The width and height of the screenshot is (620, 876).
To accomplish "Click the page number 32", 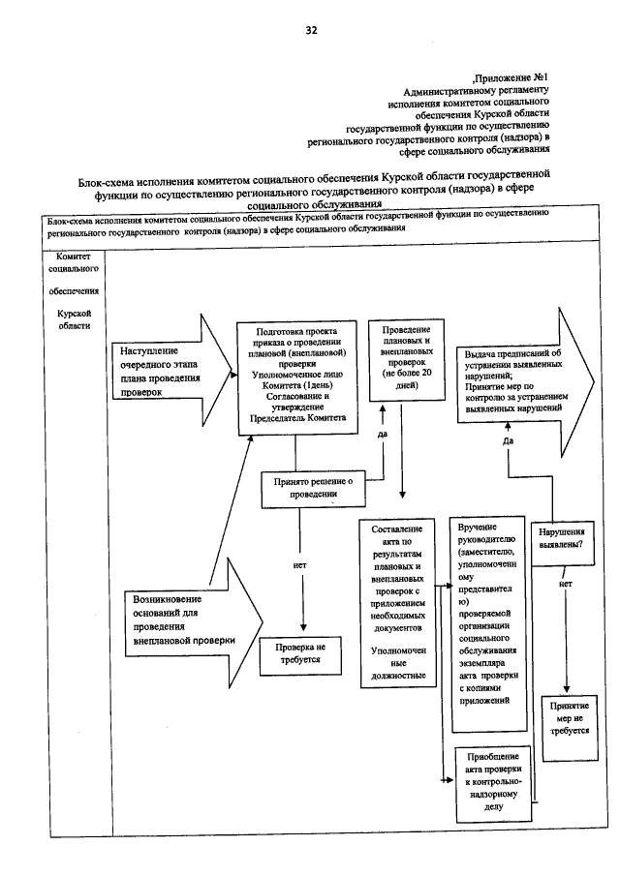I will point(310,30).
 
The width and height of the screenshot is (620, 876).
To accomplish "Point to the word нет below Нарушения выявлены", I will point(566,585).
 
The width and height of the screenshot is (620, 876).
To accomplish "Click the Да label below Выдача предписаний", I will point(508,440).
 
